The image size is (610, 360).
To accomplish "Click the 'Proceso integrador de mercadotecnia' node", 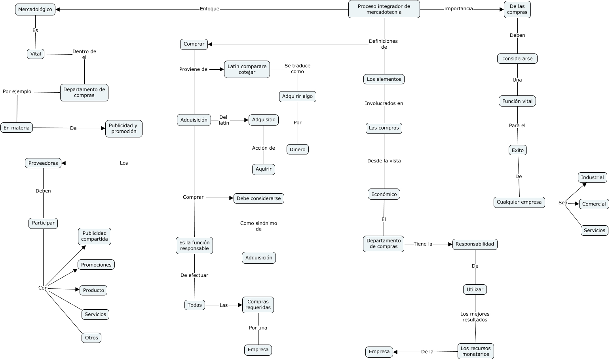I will (384, 9).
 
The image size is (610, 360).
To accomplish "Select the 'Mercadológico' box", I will (35, 10).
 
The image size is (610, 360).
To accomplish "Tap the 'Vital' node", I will (36, 54).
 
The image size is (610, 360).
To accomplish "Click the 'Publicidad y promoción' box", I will (124, 129).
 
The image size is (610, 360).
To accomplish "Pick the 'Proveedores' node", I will (43, 163).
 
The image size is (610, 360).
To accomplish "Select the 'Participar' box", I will (43, 223).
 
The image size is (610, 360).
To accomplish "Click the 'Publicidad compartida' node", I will (95, 236).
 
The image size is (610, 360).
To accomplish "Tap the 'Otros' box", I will (91, 338).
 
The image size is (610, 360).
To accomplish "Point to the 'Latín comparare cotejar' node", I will (247, 69).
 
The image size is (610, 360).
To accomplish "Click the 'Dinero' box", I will (297, 149).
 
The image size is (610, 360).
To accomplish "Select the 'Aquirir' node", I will (264, 170).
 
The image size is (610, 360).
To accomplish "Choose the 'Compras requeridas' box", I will (258, 305).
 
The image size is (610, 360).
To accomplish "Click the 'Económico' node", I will (384, 194).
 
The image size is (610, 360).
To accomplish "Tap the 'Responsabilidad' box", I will (475, 244).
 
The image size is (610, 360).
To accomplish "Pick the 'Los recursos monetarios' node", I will (475, 351).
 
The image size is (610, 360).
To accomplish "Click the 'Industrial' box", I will (592, 177).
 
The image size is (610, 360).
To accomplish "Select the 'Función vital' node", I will (517, 101).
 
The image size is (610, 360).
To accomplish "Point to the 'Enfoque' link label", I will (209, 9).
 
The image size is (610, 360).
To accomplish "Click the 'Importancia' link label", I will (458, 9).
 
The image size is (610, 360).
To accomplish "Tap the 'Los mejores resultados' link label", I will (475, 317).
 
